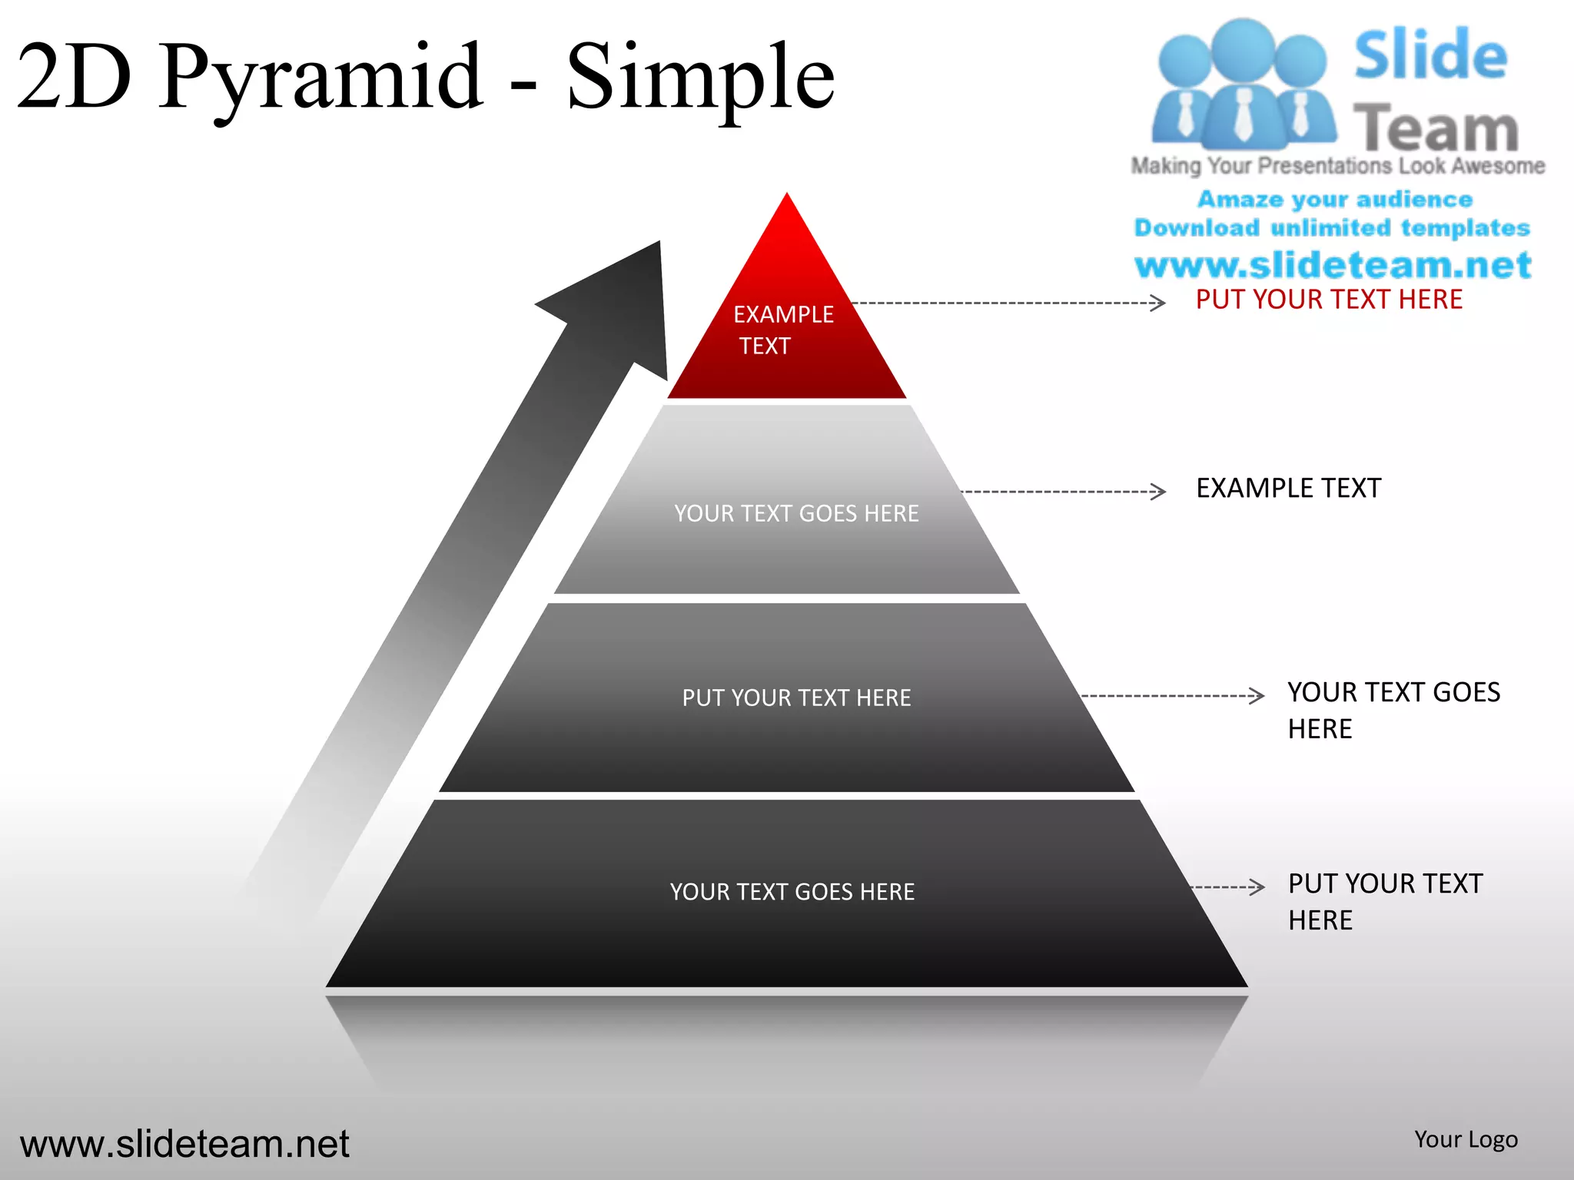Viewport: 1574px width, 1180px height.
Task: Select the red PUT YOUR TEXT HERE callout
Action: point(1329,300)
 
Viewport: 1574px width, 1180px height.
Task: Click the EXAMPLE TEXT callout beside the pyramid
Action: point(1288,489)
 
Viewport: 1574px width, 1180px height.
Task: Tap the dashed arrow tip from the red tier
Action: point(1158,303)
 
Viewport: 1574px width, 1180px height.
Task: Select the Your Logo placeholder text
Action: point(1466,1139)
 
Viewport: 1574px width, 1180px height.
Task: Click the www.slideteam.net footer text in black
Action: point(184,1144)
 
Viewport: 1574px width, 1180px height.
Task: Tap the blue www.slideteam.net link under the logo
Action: point(1333,265)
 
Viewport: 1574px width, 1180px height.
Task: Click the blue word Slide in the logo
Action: point(1430,55)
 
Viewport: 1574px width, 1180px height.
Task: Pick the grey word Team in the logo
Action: point(1435,128)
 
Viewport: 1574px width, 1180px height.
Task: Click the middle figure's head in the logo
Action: point(1242,48)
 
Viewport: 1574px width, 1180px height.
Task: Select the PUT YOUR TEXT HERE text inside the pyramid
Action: point(796,698)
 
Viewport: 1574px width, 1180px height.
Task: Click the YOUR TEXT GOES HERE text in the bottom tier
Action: point(792,892)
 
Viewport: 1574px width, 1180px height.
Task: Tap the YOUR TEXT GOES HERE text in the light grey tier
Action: point(796,513)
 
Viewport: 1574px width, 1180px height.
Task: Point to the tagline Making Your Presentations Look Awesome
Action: point(1337,166)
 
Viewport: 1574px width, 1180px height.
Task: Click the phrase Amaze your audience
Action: point(1335,200)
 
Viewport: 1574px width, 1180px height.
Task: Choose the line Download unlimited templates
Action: point(1332,228)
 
